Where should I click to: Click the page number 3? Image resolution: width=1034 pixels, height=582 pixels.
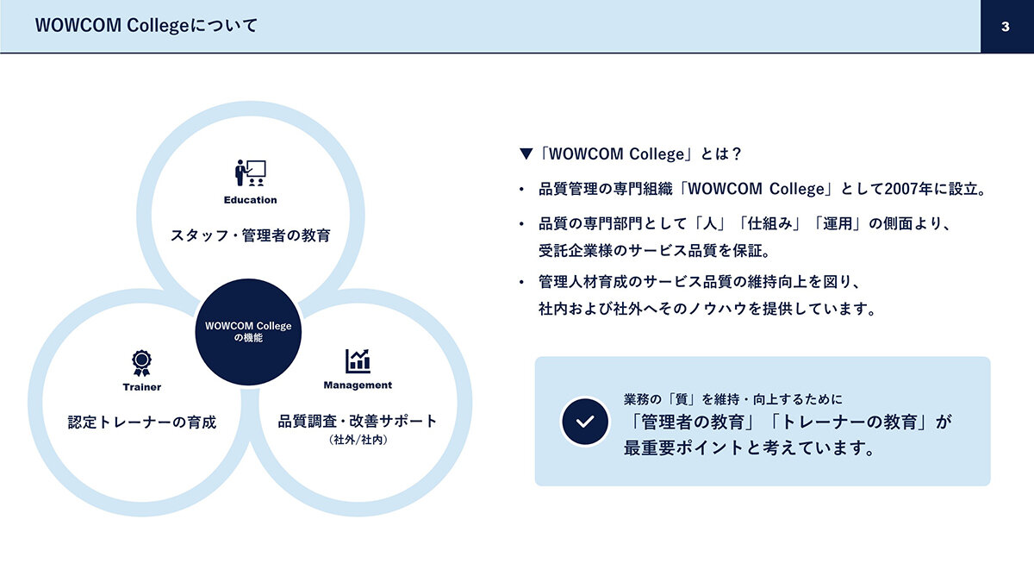(x=1006, y=27)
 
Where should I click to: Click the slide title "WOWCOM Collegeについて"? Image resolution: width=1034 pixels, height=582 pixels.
(x=146, y=25)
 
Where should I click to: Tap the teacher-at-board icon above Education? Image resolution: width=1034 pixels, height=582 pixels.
(x=250, y=172)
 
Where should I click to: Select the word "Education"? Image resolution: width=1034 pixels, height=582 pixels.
(x=250, y=200)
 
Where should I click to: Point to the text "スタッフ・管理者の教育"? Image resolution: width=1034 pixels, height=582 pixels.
(x=251, y=235)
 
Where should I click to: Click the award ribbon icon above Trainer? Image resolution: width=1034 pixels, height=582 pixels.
(x=141, y=363)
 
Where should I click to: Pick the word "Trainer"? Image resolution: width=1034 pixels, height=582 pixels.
(x=141, y=387)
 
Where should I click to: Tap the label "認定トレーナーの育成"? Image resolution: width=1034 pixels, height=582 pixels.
(x=141, y=422)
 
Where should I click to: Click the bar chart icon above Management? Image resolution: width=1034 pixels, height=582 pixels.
(x=358, y=360)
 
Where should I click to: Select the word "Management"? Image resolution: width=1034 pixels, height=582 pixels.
(x=358, y=385)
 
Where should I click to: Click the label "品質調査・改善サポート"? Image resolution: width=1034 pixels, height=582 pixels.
(x=358, y=422)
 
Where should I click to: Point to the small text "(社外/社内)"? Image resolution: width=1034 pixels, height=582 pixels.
(x=358, y=440)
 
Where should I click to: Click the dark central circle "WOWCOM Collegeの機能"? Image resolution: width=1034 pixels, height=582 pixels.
(x=248, y=332)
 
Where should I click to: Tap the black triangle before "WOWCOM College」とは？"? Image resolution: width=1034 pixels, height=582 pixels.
(x=526, y=153)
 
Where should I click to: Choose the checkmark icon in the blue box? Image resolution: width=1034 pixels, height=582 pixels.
(x=585, y=422)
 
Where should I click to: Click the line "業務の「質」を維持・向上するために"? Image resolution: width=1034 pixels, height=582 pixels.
(x=733, y=399)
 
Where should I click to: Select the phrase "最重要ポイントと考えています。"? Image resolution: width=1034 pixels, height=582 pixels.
(x=750, y=448)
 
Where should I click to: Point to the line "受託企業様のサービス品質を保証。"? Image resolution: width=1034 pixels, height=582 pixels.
(x=655, y=251)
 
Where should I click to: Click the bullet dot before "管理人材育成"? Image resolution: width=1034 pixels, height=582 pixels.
(x=521, y=282)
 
